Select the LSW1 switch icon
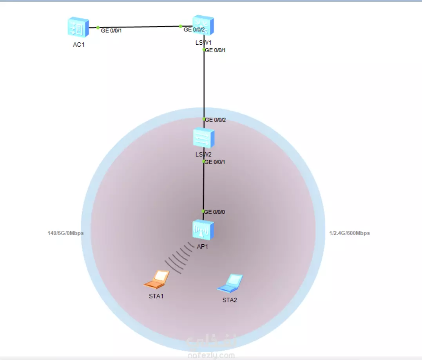(x=203, y=25)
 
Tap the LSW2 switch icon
(x=204, y=138)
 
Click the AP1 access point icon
(x=203, y=230)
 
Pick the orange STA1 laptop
(x=157, y=280)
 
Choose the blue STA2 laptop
(x=230, y=283)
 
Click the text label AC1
(x=79, y=45)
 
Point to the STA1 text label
(x=156, y=296)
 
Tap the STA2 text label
(x=230, y=300)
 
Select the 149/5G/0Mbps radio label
(x=65, y=233)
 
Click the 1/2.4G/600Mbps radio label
(x=350, y=233)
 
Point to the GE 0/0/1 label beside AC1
(x=111, y=30)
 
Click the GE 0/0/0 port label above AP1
(x=215, y=212)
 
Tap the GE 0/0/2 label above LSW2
(x=216, y=120)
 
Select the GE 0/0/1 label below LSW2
(x=216, y=162)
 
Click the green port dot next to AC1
(x=98, y=27)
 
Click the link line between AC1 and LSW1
(x=139, y=27)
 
